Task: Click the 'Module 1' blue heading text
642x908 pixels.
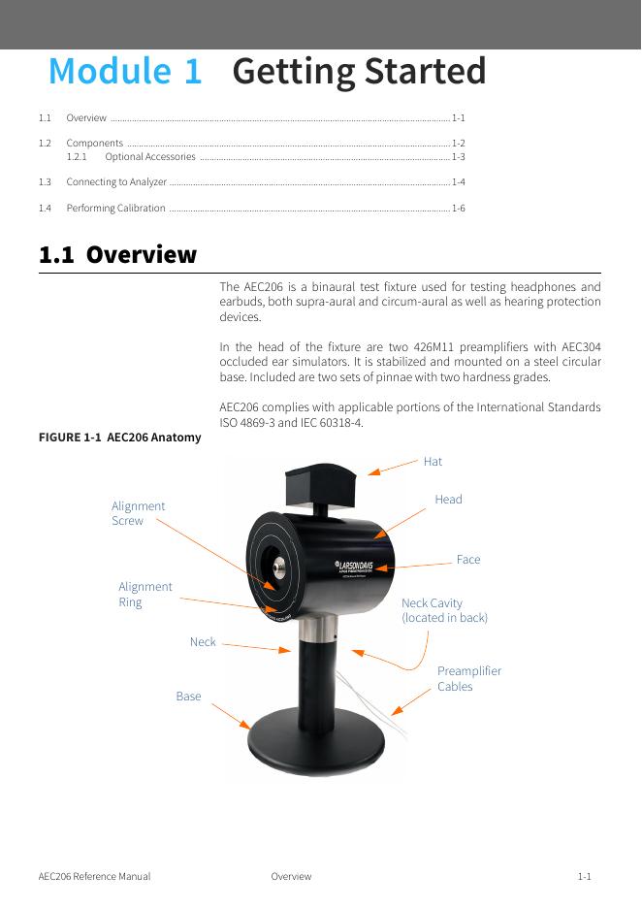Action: pyautogui.click(x=126, y=72)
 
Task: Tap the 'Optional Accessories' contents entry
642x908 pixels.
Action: pyautogui.click(x=149, y=156)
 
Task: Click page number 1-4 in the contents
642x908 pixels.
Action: pyautogui.click(x=458, y=182)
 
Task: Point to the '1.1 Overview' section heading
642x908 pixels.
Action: pyautogui.click(x=117, y=255)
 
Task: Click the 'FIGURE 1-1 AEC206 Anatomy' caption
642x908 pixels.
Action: pyautogui.click(x=119, y=438)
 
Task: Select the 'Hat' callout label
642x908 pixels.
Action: pyautogui.click(x=433, y=462)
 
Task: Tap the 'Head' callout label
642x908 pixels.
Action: pyautogui.click(x=448, y=500)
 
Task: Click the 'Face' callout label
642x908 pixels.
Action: pyautogui.click(x=467, y=560)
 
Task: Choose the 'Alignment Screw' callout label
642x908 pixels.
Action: pyautogui.click(x=138, y=513)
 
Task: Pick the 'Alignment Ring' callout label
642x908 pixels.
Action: pyautogui.click(x=144, y=594)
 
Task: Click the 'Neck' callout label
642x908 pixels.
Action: pyautogui.click(x=203, y=642)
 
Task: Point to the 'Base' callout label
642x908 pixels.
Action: pyautogui.click(x=188, y=697)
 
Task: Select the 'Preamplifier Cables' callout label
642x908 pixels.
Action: pyautogui.click(x=468, y=678)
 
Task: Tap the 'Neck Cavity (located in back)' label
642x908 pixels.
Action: pyautogui.click(x=444, y=610)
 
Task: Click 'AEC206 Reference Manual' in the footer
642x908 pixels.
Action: pyautogui.click(x=94, y=877)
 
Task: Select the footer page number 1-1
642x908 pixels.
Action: pyautogui.click(x=584, y=877)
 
